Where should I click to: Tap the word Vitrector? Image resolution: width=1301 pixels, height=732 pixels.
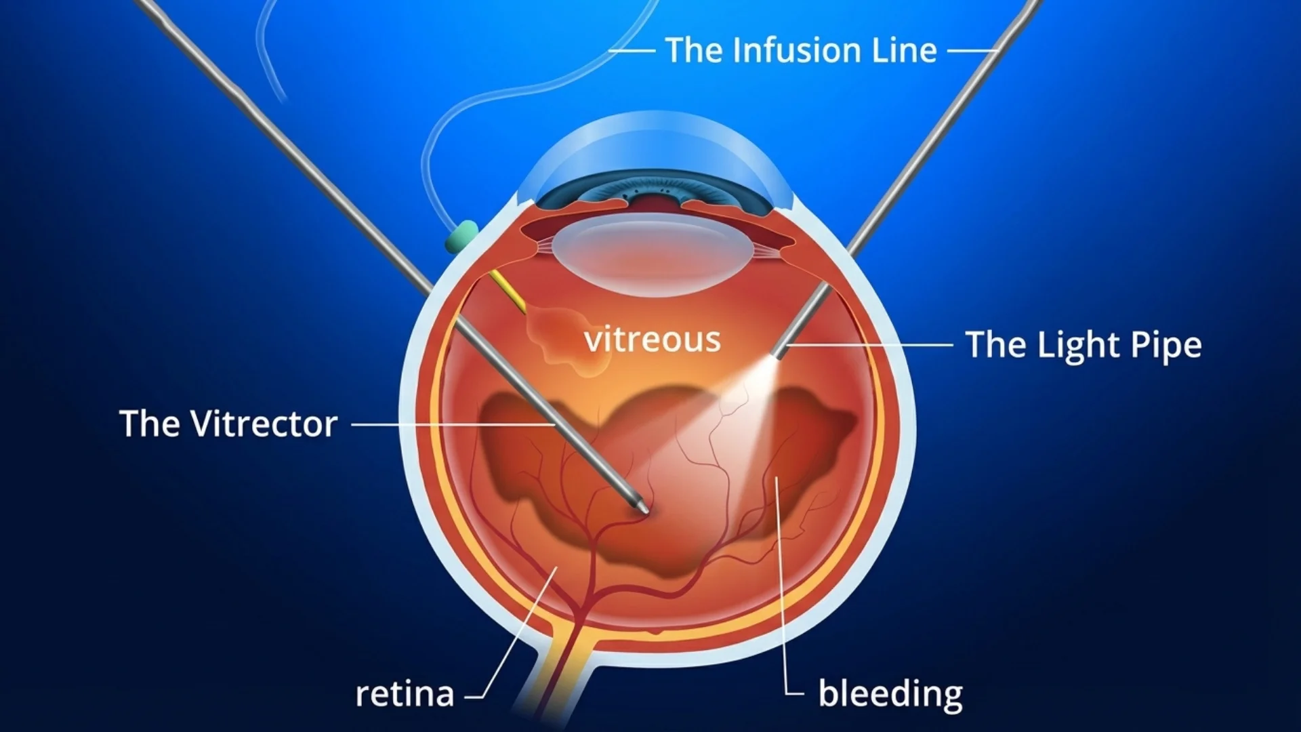[264, 424]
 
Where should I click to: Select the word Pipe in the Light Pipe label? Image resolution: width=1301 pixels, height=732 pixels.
[1165, 346]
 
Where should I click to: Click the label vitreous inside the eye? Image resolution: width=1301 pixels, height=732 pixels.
[652, 339]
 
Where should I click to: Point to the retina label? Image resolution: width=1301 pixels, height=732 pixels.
[405, 694]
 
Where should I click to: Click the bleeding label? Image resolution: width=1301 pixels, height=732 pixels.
[890, 694]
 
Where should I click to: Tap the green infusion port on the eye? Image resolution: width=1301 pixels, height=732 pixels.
[461, 235]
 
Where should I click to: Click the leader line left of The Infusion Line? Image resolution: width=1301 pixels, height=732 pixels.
[632, 51]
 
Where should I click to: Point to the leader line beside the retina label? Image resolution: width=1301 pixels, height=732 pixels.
[515, 637]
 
